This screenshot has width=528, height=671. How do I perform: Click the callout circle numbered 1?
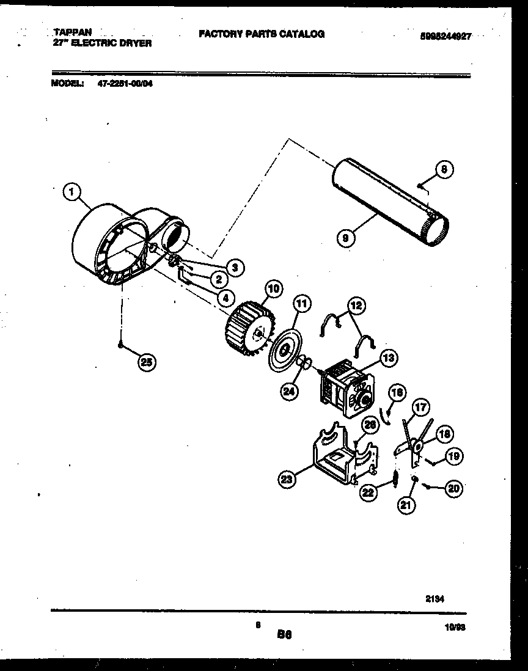(73, 193)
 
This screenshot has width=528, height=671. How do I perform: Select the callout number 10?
(273, 288)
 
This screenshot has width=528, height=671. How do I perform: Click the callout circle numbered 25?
(145, 362)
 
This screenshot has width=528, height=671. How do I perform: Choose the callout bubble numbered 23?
(285, 480)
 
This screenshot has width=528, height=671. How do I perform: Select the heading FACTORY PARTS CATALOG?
(261, 34)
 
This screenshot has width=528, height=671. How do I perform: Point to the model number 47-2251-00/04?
(125, 85)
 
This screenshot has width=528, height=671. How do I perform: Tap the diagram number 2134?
(435, 599)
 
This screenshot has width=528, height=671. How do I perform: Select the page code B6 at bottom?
(284, 634)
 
